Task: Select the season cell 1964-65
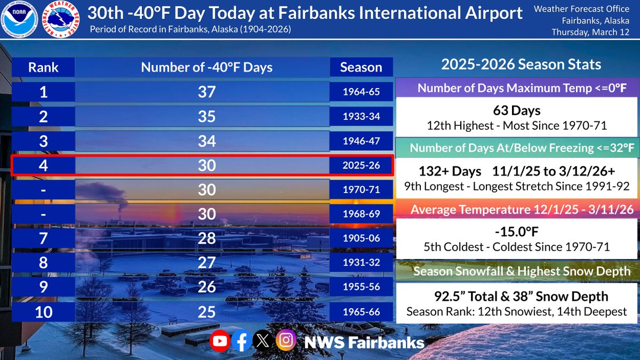361,92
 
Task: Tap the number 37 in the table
206,92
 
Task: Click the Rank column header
43,68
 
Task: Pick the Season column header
361,68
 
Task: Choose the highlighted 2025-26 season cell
361,165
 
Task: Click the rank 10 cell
43,311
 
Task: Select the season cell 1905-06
361,238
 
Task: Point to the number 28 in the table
206,238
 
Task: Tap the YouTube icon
220,341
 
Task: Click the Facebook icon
241,341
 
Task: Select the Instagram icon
286,341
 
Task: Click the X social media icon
263,341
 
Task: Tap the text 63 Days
516,111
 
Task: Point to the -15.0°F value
516,233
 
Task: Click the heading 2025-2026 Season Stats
521,65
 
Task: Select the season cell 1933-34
361,116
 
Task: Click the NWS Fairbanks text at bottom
364,342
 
